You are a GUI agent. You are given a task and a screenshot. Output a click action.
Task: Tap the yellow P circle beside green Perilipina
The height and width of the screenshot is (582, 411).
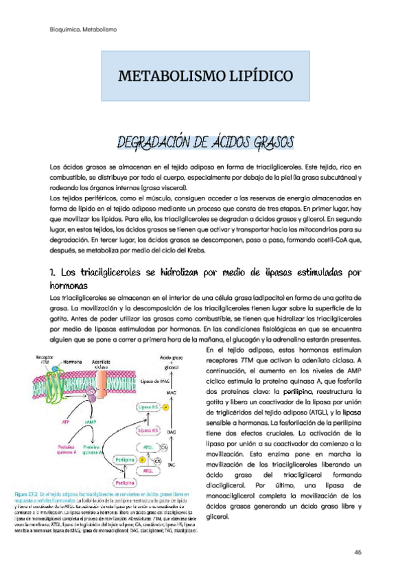pos(141,459)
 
